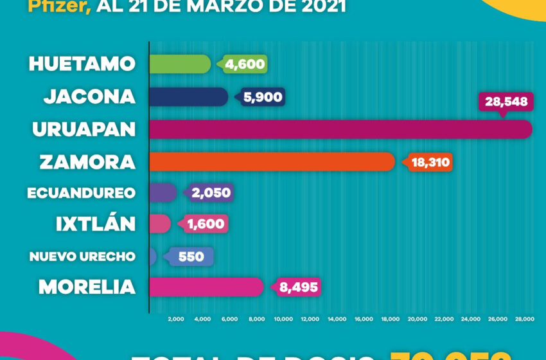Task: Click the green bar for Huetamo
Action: [179, 64]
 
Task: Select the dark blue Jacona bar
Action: [188, 96]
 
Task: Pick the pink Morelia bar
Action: [206, 287]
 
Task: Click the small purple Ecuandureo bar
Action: [163, 192]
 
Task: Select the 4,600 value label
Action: [244, 64]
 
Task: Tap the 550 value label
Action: [191, 256]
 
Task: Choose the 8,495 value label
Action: [298, 287]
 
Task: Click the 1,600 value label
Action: [206, 224]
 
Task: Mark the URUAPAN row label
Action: [84, 129]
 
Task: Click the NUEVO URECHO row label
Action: [82, 256]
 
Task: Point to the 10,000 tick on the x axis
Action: [283, 319]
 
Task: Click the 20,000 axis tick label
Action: [417, 319]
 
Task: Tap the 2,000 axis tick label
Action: [175, 319]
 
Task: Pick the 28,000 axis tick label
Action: [524, 319]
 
